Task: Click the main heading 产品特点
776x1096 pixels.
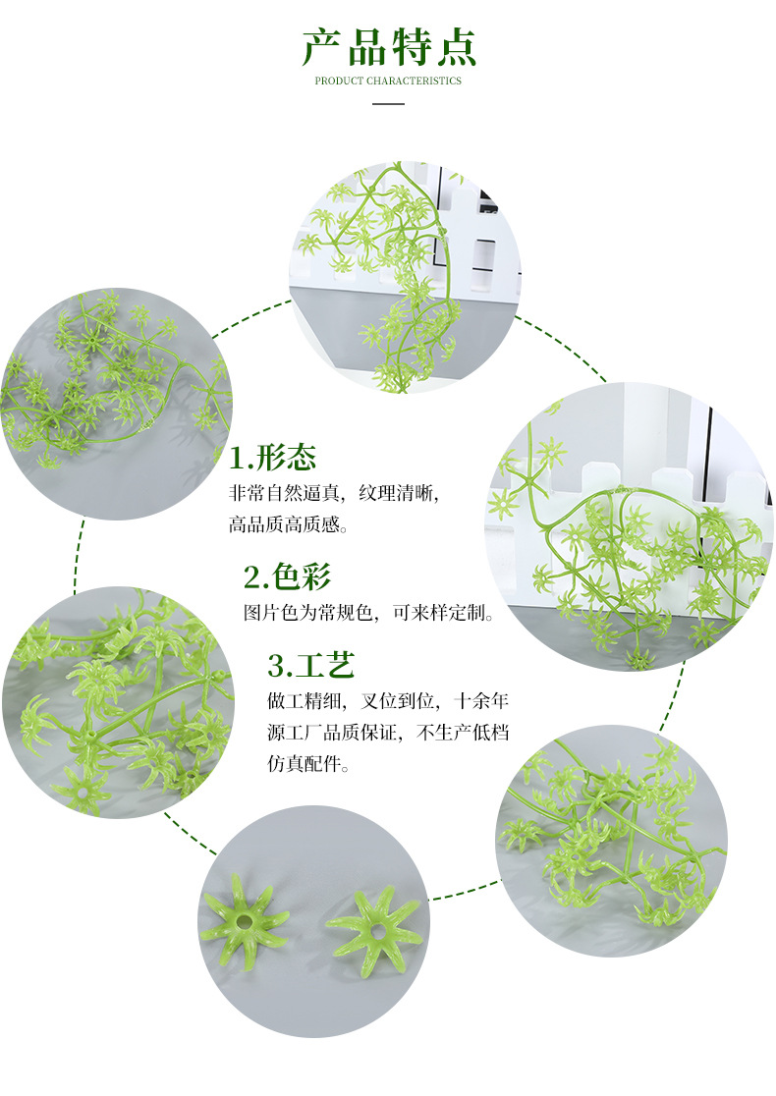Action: (x=388, y=47)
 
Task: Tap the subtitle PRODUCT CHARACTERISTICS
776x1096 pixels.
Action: (x=388, y=81)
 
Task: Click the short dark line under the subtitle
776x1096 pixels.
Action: (x=388, y=102)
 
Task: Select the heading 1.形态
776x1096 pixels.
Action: (x=273, y=458)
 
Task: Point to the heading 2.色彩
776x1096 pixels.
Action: (x=287, y=575)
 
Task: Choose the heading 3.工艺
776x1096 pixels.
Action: (x=310, y=665)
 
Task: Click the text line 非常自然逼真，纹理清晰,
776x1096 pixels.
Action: (x=341, y=493)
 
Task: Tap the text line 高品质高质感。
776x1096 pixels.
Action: (x=289, y=525)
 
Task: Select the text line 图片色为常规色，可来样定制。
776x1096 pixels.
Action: (x=369, y=614)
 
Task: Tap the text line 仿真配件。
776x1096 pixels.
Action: (x=308, y=764)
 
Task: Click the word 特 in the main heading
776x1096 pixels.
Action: (x=411, y=47)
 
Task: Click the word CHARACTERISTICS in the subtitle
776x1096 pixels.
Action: (x=413, y=81)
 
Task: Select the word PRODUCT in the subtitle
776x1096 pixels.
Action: (x=339, y=81)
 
